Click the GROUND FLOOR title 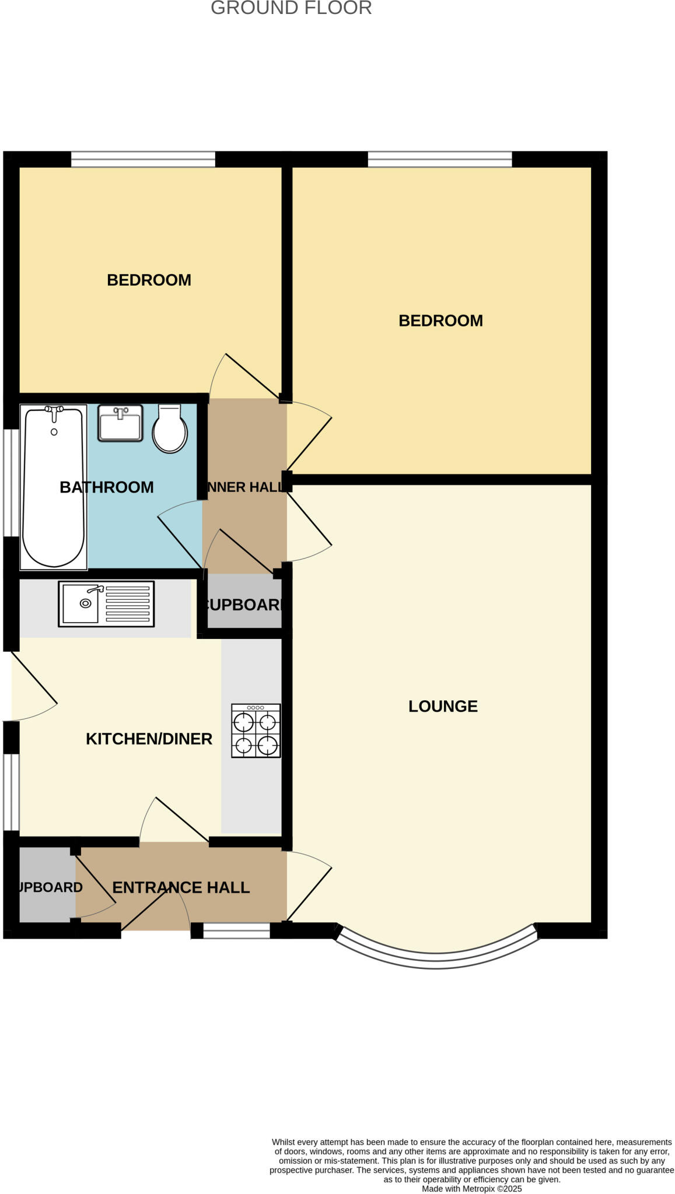[x=291, y=8]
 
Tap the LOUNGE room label [x=442, y=706]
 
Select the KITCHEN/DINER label [x=149, y=739]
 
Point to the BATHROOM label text [x=107, y=487]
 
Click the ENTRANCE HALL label [x=181, y=887]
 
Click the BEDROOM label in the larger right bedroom [x=440, y=321]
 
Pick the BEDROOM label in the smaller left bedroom [x=149, y=280]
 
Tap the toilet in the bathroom [x=170, y=429]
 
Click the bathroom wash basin [x=120, y=423]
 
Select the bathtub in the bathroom [x=53, y=487]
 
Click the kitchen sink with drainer [x=106, y=604]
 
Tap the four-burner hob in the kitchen [x=256, y=731]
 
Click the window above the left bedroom [x=143, y=159]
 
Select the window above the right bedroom [x=439, y=159]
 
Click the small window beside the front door [x=236, y=930]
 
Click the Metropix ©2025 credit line [x=471, y=1189]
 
